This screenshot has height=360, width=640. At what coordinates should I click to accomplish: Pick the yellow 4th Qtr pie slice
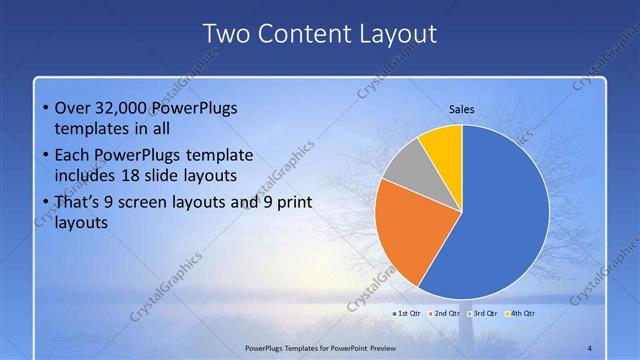[x=443, y=144]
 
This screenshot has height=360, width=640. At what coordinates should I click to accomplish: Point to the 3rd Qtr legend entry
[x=482, y=313]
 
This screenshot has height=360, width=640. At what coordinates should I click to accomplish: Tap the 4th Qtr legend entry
[x=520, y=313]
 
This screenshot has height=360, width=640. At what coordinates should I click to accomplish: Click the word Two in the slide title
[x=226, y=33]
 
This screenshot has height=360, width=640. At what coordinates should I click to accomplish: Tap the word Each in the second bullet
[x=73, y=155]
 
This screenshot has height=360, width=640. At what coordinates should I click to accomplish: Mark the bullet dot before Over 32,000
[x=46, y=109]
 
